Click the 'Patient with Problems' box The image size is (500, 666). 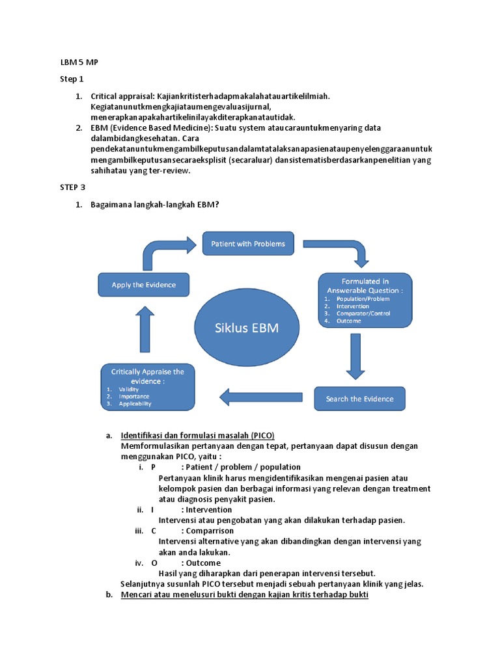[248, 244]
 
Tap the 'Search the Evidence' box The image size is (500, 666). [359, 399]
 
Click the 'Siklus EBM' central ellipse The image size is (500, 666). [247, 328]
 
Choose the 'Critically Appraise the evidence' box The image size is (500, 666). [148, 386]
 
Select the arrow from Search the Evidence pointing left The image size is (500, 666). [260, 396]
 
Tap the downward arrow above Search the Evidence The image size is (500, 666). [355, 354]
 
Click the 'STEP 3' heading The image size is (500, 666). [72, 187]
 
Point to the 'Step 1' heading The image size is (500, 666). [72, 79]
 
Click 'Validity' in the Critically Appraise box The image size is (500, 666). [129, 389]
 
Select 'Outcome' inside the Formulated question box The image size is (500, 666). [350, 321]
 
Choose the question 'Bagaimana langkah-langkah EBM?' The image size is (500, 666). [154, 205]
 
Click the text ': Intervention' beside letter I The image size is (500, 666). [206, 510]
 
